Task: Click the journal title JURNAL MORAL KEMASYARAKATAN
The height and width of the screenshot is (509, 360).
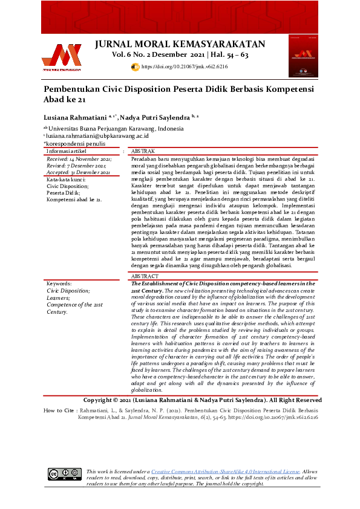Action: [180, 44]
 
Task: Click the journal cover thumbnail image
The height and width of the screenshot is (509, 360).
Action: [305, 53]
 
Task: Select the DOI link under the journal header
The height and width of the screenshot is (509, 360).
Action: [184, 67]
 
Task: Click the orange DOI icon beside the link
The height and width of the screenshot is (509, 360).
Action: [135, 67]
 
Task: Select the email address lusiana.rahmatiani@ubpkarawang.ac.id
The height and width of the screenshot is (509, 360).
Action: [91, 137]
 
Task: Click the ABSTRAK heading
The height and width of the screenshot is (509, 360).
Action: [143, 151]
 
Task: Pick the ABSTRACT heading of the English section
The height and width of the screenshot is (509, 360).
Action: [146, 276]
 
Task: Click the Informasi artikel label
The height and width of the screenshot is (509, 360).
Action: [67, 151]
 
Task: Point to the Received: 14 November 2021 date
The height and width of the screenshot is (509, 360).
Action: [75, 158]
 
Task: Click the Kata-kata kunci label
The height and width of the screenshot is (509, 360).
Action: [66, 180]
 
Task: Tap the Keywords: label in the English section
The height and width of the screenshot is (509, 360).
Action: [59, 283]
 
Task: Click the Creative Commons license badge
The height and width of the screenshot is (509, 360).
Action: [64, 473]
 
